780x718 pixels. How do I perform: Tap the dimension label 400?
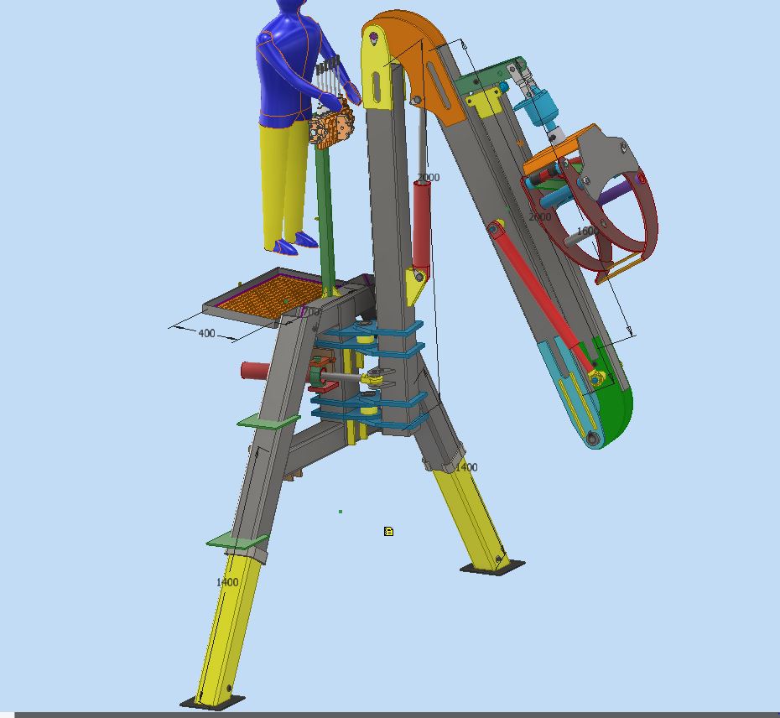[206, 333]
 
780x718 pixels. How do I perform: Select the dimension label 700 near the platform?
[310, 311]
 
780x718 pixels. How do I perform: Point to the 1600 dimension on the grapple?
[587, 231]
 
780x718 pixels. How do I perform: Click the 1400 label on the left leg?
[227, 582]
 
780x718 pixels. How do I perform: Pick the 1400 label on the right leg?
[466, 467]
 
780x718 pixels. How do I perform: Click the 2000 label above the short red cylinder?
[428, 178]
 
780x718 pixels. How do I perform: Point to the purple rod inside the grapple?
[616, 194]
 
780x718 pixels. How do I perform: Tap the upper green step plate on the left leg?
[268, 420]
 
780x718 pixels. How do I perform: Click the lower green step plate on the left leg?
[237, 541]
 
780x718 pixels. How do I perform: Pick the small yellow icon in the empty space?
[389, 531]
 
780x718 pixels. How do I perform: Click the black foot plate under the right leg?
[492, 568]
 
